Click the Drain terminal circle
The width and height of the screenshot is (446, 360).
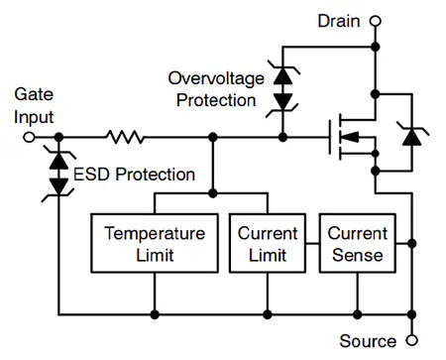point(376,21)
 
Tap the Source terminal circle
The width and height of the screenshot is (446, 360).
point(411,340)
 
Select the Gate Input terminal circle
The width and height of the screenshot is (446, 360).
point(29,137)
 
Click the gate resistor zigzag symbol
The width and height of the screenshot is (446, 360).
point(125,137)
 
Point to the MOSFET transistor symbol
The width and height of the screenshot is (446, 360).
point(353,137)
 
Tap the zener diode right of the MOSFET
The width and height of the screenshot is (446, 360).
point(412,136)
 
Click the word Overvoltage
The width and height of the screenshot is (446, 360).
point(216,78)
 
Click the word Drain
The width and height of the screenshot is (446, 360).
point(339,21)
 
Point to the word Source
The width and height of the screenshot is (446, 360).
point(368,341)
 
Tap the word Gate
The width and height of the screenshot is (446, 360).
point(34,94)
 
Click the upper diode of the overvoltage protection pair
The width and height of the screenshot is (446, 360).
point(283,74)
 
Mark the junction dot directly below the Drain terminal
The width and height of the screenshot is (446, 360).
point(376,47)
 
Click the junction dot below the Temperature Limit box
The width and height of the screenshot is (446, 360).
point(155,314)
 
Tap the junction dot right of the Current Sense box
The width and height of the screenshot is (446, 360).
point(412,244)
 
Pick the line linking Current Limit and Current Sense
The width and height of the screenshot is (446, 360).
point(312,244)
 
